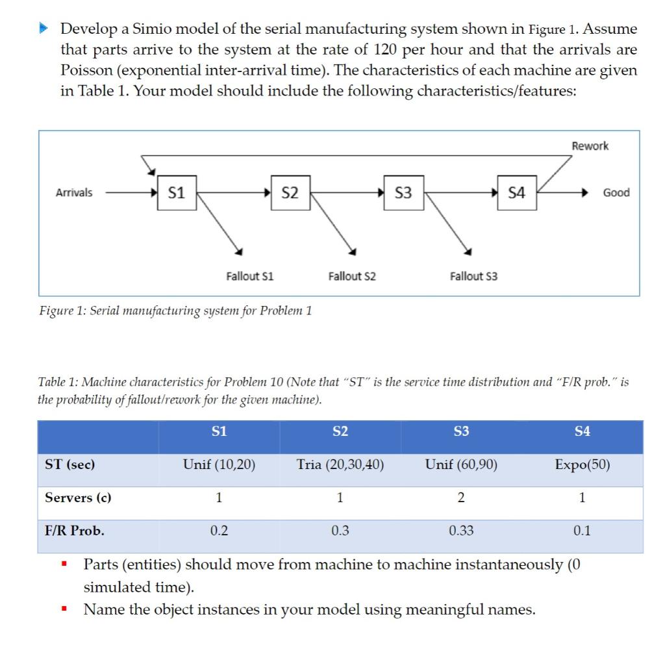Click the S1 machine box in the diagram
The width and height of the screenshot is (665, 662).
pyautogui.click(x=176, y=193)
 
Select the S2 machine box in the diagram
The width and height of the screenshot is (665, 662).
pyautogui.click(x=290, y=193)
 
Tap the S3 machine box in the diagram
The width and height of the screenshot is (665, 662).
pyautogui.click(x=403, y=193)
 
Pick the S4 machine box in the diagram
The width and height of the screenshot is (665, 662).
pyautogui.click(x=518, y=193)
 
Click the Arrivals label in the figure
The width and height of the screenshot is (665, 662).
pyautogui.click(x=74, y=193)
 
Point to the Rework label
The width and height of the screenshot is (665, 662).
pyautogui.click(x=590, y=146)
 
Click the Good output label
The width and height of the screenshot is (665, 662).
pyautogui.click(x=616, y=193)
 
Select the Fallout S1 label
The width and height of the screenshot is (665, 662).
pyautogui.click(x=249, y=276)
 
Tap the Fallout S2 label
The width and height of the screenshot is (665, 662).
pyautogui.click(x=351, y=276)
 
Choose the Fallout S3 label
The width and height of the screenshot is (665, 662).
pyautogui.click(x=473, y=276)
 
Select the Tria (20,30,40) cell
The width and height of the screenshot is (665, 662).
pyautogui.click(x=340, y=465)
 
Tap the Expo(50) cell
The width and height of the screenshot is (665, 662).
pyautogui.click(x=583, y=465)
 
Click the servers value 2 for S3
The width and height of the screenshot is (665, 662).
pyautogui.click(x=461, y=498)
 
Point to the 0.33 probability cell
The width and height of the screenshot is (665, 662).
pyautogui.click(x=461, y=531)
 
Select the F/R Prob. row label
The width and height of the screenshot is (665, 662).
pyautogui.click(x=74, y=531)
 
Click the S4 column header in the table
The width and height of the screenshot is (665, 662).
pyautogui.click(x=583, y=431)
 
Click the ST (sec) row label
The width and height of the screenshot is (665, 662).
pyautogui.click(x=69, y=465)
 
